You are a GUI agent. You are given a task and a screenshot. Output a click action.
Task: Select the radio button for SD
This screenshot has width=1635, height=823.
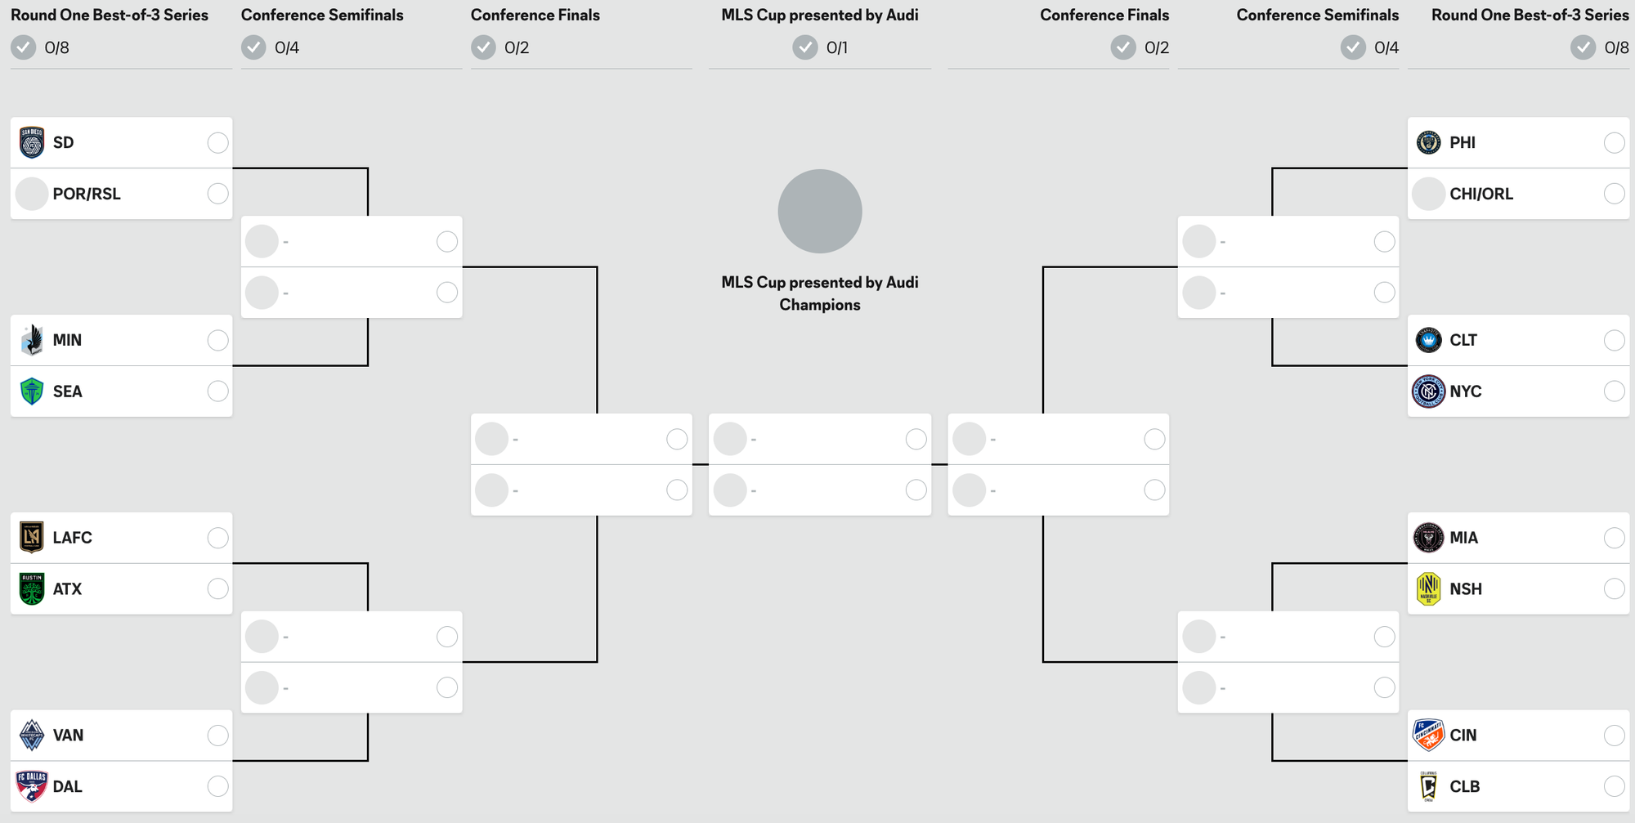point(217,143)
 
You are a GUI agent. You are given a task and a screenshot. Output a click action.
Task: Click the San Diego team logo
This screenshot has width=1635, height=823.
point(32,143)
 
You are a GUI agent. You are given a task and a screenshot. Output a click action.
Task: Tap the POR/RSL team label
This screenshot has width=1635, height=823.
point(87,194)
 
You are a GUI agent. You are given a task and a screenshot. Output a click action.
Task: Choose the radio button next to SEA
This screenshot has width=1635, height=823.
point(217,391)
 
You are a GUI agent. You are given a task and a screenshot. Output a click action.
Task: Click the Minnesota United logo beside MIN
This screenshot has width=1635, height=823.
point(32,340)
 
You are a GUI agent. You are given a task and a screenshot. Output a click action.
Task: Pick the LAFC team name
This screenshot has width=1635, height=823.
point(72,538)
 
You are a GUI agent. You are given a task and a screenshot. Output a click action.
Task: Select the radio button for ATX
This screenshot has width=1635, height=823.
point(217,588)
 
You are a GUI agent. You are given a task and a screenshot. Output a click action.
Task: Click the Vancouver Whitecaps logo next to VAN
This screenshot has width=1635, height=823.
point(32,736)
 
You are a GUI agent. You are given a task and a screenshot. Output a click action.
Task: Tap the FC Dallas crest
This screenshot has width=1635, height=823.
point(32,786)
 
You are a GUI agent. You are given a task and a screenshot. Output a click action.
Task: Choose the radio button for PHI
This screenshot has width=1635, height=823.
point(1614,143)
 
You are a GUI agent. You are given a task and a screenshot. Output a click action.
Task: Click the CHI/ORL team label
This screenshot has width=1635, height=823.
point(1480,194)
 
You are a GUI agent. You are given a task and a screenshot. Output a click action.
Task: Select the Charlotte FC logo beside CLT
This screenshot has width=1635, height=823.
point(1428,340)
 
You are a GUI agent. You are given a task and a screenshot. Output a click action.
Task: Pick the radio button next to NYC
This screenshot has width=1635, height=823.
point(1614,391)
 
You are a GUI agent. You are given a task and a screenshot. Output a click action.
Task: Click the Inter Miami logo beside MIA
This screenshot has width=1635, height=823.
point(1428,538)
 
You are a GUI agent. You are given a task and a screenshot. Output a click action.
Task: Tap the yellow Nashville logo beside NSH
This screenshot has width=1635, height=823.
point(1428,588)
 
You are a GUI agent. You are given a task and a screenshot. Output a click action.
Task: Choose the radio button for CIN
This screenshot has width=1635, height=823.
point(1614,736)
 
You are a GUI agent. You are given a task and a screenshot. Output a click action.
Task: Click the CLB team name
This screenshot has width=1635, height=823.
point(1464,786)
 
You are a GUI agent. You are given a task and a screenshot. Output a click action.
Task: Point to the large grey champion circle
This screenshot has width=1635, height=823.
point(820,211)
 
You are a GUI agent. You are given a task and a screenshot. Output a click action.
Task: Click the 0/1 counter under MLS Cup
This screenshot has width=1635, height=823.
point(836,48)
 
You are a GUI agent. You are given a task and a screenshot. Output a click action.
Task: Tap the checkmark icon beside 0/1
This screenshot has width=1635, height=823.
point(805,48)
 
